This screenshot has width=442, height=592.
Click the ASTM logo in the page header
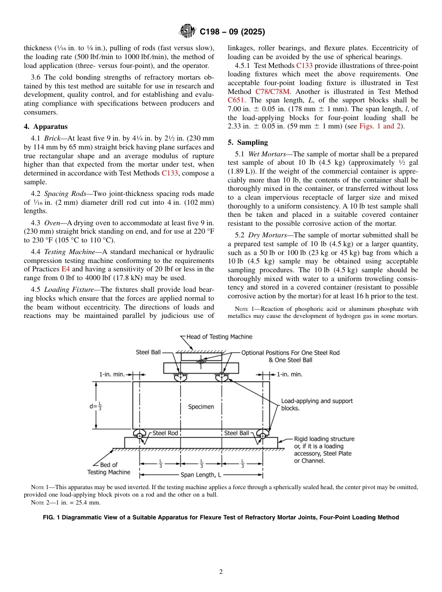188,32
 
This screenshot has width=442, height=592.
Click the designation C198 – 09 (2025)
232,32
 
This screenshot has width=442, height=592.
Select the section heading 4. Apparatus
46,127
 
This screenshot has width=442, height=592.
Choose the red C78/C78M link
273,92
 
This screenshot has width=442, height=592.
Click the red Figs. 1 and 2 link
381,126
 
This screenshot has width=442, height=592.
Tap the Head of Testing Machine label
219,337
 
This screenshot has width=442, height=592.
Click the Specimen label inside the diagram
201,407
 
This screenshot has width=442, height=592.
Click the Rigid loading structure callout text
324,439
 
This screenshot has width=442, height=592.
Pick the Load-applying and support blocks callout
316,404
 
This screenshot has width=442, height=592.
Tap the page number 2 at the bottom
221,572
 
